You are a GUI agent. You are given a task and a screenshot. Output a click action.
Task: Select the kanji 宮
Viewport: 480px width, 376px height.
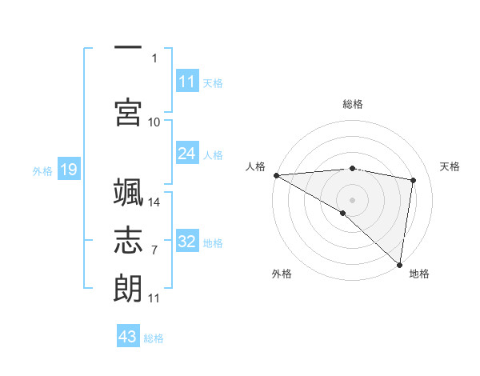click(128, 112)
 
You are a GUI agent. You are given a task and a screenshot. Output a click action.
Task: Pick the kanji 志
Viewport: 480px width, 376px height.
click(128, 241)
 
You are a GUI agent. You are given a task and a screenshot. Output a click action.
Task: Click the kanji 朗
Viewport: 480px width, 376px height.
click(128, 287)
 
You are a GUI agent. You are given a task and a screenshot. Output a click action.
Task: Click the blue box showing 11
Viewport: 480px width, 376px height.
click(187, 82)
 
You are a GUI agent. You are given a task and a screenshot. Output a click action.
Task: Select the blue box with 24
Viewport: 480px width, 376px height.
click(187, 154)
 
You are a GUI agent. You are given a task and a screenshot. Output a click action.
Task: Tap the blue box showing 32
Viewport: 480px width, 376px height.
click(187, 242)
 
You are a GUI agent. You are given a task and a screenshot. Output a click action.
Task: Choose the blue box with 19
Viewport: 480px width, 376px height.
click(68, 170)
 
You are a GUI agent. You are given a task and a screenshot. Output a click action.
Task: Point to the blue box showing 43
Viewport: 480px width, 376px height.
click(128, 337)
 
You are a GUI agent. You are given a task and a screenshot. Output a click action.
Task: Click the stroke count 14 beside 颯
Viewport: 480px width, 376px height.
click(154, 202)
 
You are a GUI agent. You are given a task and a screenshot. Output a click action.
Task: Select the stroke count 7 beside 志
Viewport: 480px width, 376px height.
click(154, 250)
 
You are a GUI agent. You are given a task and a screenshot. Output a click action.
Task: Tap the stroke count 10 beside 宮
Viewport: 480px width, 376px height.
click(154, 122)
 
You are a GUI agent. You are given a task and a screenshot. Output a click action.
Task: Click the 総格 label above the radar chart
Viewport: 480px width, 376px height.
click(353, 104)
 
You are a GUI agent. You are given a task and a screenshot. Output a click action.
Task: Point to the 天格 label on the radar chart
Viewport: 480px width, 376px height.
click(450, 166)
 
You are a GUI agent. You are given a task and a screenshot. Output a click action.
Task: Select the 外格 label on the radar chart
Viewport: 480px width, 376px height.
click(282, 274)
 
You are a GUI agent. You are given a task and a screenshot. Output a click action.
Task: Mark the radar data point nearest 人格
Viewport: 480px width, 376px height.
click(276, 175)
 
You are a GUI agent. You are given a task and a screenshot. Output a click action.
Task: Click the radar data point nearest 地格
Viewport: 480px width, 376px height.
click(400, 264)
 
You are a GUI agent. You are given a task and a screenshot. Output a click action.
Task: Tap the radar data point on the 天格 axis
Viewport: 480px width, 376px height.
click(414, 180)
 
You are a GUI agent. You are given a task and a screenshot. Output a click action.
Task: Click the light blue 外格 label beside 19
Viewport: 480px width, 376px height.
click(42, 170)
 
